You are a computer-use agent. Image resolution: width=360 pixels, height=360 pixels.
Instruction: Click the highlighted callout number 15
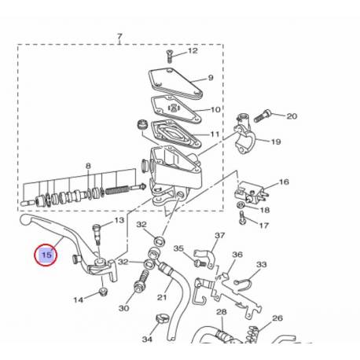point(46,255)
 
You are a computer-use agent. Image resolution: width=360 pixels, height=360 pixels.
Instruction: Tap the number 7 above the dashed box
point(119,37)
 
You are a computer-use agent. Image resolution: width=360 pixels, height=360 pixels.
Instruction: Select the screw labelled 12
point(169,56)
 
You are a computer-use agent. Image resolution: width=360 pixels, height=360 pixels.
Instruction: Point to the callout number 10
point(216,110)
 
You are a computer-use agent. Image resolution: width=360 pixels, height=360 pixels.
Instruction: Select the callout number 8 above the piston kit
point(89,166)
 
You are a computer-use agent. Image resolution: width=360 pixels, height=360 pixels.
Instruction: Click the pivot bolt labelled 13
point(97,233)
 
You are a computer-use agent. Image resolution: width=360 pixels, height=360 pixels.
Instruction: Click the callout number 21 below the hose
point(162,297)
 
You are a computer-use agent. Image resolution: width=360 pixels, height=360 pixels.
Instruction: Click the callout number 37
point(219,236)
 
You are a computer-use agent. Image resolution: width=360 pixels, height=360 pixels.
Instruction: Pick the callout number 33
point(262,265)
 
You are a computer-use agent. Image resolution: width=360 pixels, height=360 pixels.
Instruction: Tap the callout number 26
point(277,318)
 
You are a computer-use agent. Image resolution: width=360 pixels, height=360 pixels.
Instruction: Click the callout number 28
point(222,312)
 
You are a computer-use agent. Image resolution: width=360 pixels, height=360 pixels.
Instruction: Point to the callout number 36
point(237,255)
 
